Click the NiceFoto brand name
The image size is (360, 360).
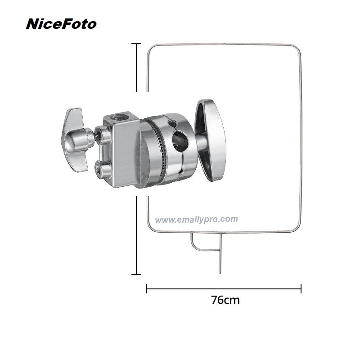coord(61,24)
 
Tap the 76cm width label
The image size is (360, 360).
coord(225,300)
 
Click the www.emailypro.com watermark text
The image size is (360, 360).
coord(197,220)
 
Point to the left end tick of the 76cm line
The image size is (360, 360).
coord(147,289)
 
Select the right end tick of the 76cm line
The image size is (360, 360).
coord(301,289)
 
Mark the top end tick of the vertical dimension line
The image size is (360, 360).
coord(136,44)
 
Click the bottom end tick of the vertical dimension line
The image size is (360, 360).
coord(136,274)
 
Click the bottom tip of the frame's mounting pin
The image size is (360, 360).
coord(219,272)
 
